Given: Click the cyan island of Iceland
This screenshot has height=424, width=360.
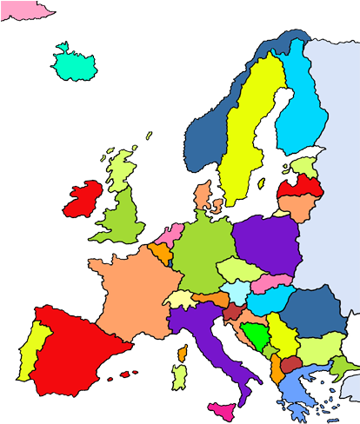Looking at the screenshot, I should coord(74,64).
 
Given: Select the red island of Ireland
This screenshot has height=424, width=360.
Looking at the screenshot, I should coord(82,197).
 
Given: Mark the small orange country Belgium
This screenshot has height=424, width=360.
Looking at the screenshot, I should coord(162,253).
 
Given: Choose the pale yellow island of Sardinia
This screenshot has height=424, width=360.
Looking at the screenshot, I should coord(179,376).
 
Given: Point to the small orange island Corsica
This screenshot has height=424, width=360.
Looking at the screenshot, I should coord(183,354).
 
